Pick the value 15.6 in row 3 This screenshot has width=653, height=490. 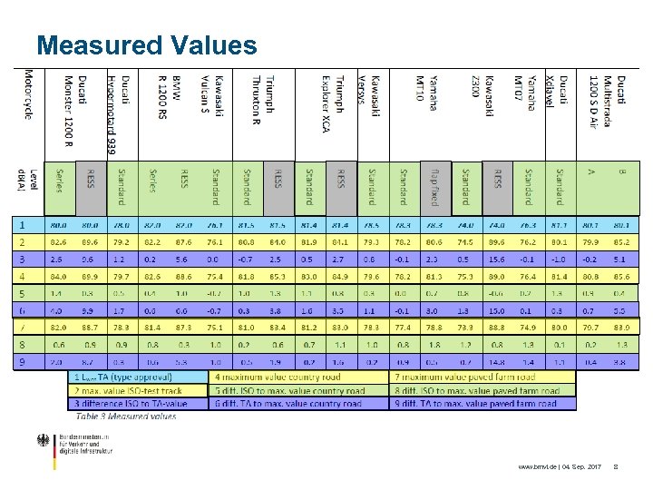[x=497, y=259]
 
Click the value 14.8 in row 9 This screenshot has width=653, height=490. [x=497, y=362]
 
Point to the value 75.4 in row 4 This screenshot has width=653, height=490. [x=215, y=276]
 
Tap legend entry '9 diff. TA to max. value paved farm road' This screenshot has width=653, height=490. [x=473, y=404]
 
